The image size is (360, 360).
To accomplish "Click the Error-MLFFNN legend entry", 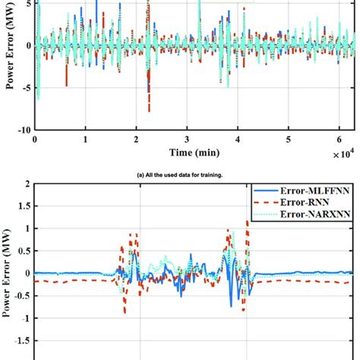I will tap(315, 191).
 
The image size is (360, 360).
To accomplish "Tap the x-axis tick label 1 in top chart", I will tap(86, 141).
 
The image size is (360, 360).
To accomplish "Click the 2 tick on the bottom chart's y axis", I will tap(27, 184).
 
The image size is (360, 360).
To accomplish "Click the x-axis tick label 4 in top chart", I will tap(238, 141).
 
